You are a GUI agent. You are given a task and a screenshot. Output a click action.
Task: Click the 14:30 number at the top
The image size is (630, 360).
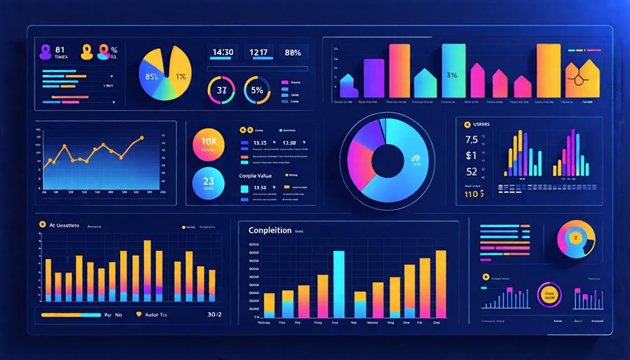(224, 53)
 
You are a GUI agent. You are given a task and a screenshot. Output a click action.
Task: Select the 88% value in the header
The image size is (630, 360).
(292, 53)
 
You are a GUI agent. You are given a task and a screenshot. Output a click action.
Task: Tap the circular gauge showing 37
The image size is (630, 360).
(221, 90)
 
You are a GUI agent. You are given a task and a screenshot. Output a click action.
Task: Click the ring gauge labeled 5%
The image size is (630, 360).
(257, 90)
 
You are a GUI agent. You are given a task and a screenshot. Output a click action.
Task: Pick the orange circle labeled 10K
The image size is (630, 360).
(209, 141)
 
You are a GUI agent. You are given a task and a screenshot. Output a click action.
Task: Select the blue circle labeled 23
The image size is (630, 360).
(209, 183)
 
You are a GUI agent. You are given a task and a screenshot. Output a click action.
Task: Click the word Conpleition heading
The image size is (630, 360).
(270, 230)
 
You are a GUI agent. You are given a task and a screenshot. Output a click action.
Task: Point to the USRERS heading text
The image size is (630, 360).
(477, 125)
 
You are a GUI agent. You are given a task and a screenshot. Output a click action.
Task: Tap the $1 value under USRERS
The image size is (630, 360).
(471, 155)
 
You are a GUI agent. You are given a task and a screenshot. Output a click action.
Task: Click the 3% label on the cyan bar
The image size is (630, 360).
(452, 75)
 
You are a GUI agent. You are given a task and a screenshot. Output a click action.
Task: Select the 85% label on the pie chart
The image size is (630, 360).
(152, 77)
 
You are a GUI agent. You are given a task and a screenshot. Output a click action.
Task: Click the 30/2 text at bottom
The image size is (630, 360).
(214, 315)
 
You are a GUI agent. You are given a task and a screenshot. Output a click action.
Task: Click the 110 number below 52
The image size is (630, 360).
(473, 194)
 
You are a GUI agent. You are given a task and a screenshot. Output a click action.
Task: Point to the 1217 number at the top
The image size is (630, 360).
(257, 53)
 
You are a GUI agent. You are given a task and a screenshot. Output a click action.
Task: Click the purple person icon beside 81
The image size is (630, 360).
(45, 52)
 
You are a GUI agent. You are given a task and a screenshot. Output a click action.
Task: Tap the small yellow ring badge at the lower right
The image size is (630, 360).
(550, 294)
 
